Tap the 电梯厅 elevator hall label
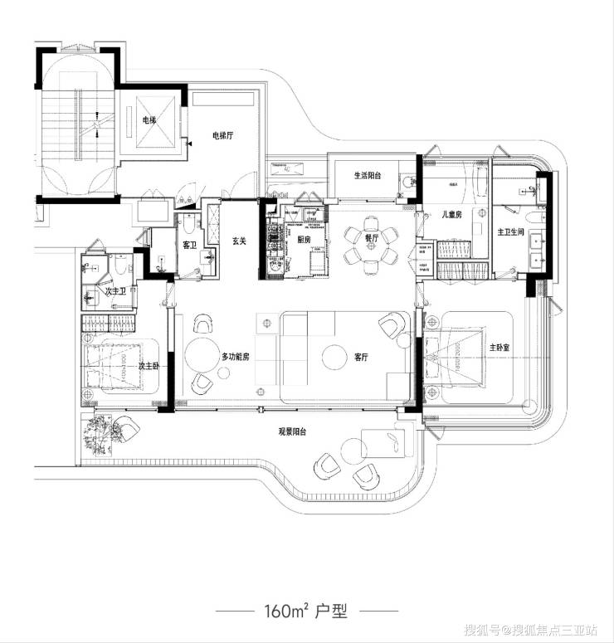[x=222, y=135]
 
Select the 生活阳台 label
[x=367, y=176]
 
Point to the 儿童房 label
[x=451, y=215]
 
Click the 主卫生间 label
[x=510, y=232]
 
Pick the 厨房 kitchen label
[x=303, y=240]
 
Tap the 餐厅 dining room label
[x=371, y=238]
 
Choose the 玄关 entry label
[x=240, y=241]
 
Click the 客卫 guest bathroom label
[x=188, y=246]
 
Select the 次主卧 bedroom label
[x=149, y=366]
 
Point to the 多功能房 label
[x=235, y=356]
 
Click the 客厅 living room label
[x=361, y=358]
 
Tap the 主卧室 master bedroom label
[x=497, y=348]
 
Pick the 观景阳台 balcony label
[x=293, y=432]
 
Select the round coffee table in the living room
[x=334, y=356]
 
